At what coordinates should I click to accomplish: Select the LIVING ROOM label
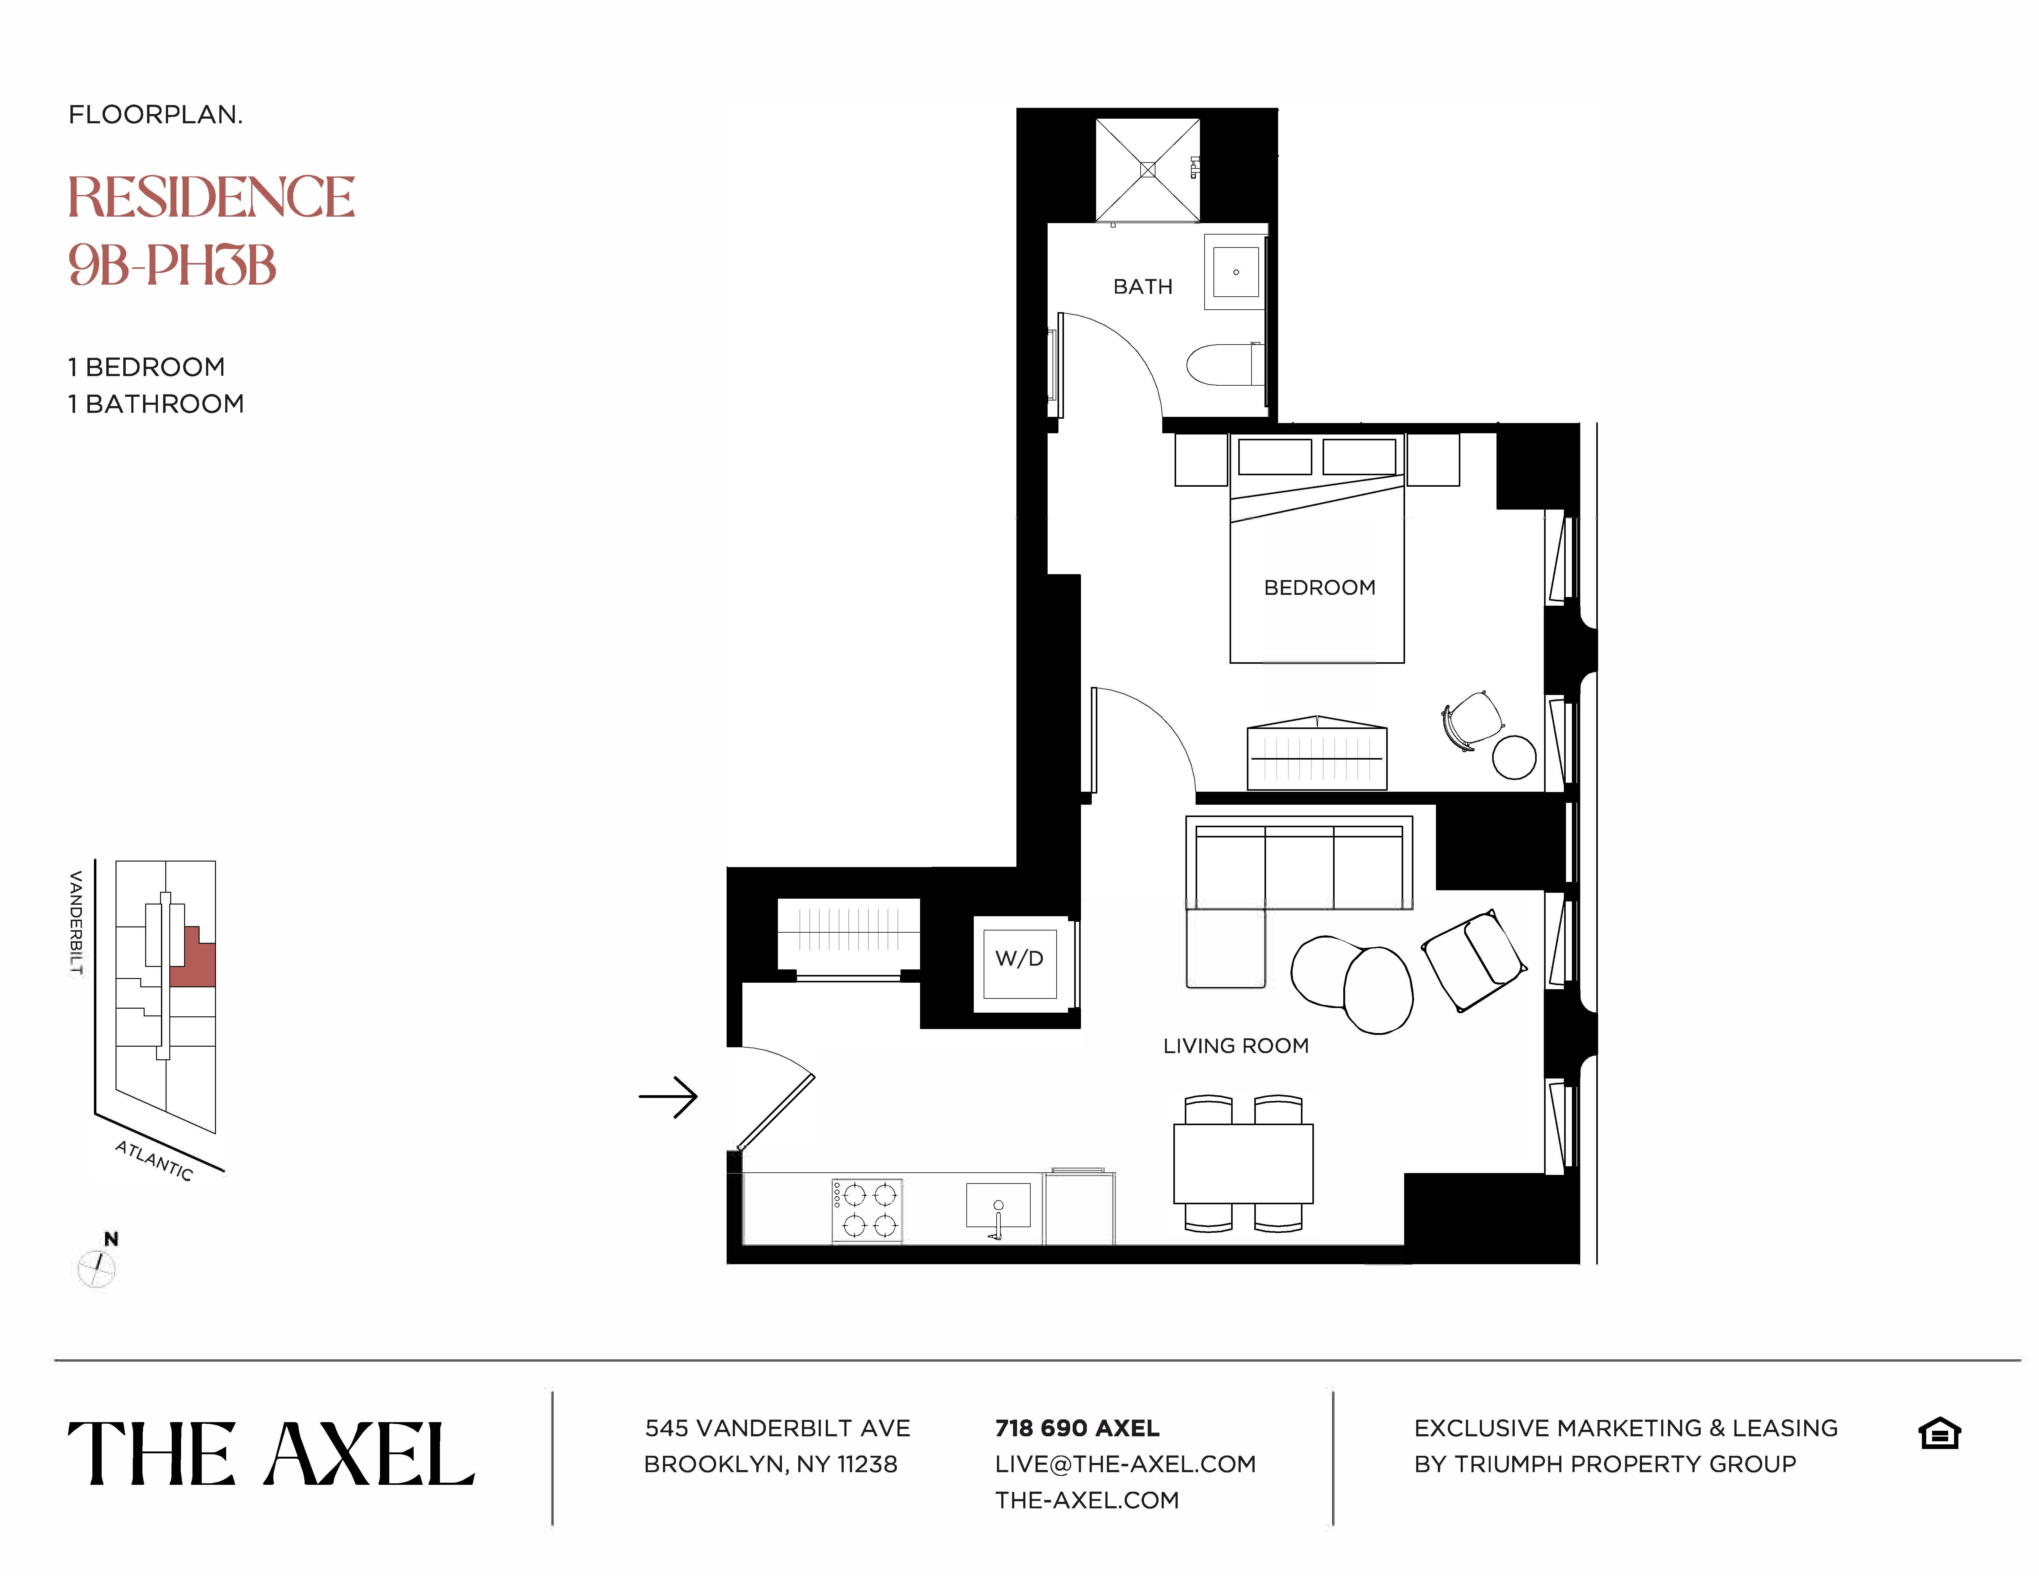click(x=1235, y=1046)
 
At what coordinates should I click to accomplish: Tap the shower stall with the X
click(x=1147, y=170)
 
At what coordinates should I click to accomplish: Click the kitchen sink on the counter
click(x=998, y=1205)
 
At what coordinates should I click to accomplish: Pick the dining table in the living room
click(x=1243, y=1163)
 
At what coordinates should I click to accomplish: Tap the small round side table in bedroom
click(x=1513, y=757)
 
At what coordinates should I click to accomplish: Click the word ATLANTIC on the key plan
click(x=154, y=1161)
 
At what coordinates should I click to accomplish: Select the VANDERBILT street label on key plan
click(x=77, y=922)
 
